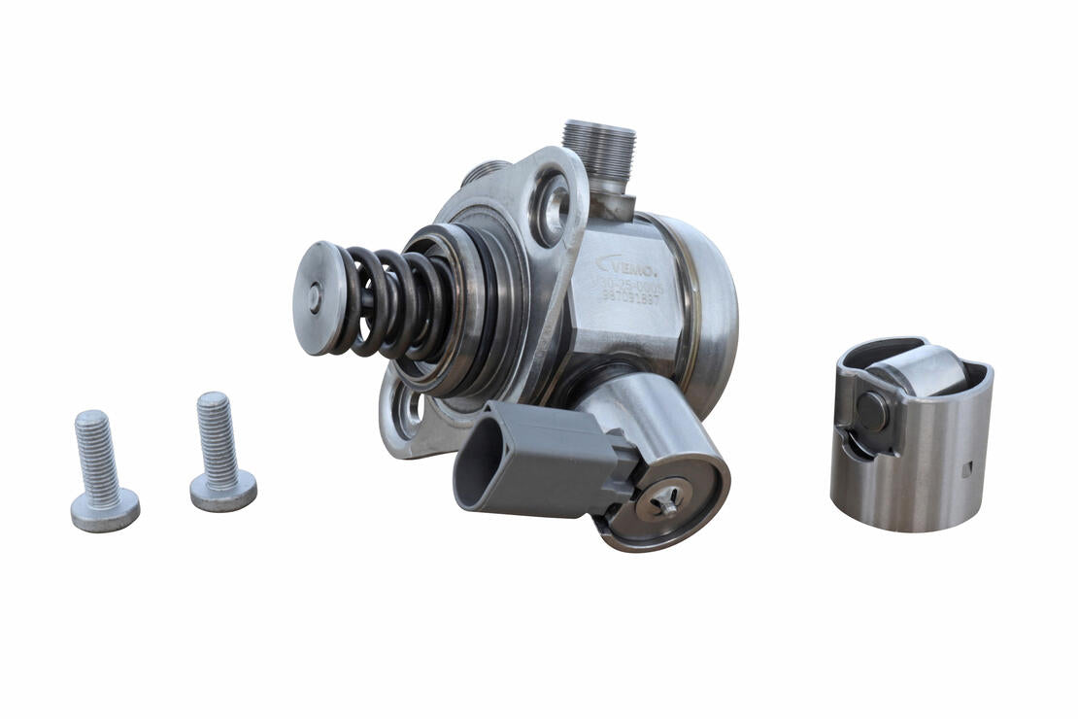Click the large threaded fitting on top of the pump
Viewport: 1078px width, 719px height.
598,151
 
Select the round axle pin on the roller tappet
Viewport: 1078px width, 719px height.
871,411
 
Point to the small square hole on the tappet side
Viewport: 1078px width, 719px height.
965,469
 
